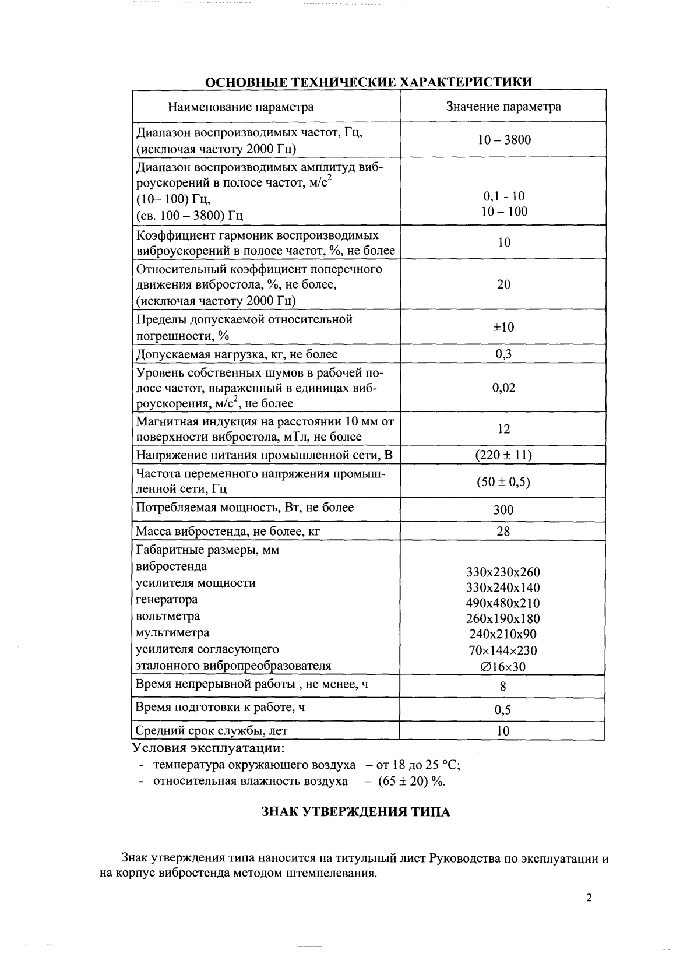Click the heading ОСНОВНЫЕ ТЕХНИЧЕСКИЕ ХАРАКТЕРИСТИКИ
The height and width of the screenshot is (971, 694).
pos(369,82)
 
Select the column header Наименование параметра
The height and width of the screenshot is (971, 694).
pos(241,107)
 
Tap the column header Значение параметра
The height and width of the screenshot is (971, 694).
pos(503,107)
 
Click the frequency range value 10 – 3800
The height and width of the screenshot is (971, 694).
pos(504,140)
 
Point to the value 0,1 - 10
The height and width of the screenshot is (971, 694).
pos(504,196)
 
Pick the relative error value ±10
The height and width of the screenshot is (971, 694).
pos(503,327)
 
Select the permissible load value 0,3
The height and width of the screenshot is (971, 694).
pos(503,354)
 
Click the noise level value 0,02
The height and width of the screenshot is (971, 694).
pos(503,388)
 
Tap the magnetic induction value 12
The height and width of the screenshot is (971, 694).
pos(503,429)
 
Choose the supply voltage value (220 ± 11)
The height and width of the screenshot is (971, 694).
pos(503,455)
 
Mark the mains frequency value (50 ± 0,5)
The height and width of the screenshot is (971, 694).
pos(503,482)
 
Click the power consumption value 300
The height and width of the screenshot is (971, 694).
pos(503,510)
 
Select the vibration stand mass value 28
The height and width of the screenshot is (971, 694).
pos(503,531)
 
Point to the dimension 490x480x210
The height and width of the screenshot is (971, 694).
pos(503,603)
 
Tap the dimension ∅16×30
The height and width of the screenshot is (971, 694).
pos(503,667)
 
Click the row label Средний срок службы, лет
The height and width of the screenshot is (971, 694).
pos(212,730)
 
